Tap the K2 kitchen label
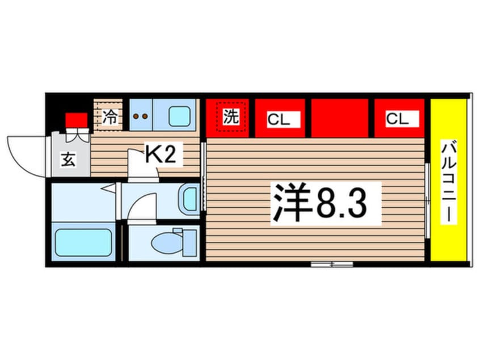pos(161,154)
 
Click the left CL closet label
pos(279,119)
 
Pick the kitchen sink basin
pos(180,116)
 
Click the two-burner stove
pos(140,116)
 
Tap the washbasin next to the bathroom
pos(190,199)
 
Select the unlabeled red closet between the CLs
pos(339,118)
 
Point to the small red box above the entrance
pos(76,121)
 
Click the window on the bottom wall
pos(332,264)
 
